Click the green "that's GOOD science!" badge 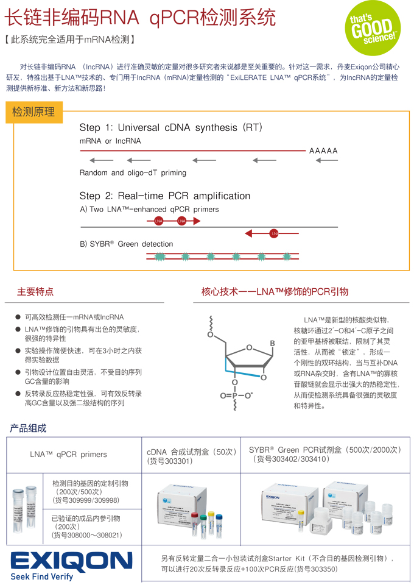point(373,27)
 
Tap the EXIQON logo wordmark point(71,562)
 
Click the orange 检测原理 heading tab point(33,112)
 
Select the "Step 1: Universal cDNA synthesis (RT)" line point(170,128)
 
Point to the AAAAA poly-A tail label point(323,151)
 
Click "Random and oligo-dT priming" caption point(133,172)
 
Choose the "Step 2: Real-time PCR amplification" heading point(164,196)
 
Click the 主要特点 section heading point(35,292)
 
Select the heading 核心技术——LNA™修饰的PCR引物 point(275,292)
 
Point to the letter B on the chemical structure point(272,343)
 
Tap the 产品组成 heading point(28,428)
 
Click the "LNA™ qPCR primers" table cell point(68,454)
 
